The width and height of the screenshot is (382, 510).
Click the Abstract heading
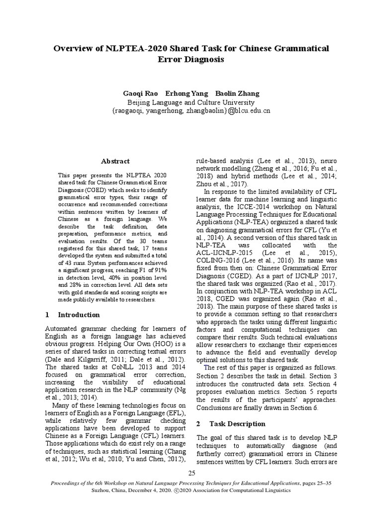pos(115,161)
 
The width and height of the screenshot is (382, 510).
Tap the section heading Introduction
pos(79,315)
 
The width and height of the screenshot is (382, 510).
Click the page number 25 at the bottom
pos(191,472)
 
